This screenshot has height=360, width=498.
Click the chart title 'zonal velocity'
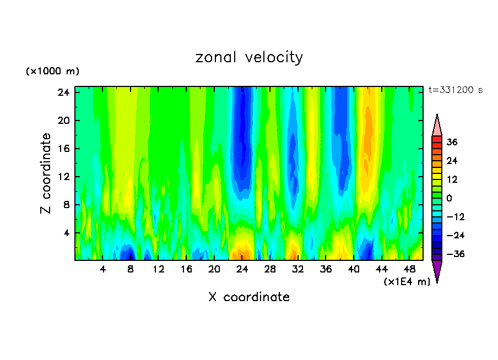click(249, 58)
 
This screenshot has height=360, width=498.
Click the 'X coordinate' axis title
click(249, 297)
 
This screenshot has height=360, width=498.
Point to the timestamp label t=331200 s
click(455, 90)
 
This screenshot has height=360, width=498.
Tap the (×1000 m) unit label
click(52, 72)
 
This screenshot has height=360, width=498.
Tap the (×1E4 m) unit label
click(407, 282)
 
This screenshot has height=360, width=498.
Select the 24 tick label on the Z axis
click(62, 92)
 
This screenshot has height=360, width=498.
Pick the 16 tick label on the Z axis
click(62, 149)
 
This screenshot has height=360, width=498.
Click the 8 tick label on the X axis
click(131, 269)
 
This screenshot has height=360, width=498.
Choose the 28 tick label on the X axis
click(270, 269)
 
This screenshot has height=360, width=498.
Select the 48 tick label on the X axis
click(409, 269)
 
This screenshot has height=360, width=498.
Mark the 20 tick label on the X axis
click(214, 269)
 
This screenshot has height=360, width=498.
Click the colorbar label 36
click(452, 142)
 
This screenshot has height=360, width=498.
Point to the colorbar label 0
click(449, 198)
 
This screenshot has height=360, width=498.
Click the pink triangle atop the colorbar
click(437, 126)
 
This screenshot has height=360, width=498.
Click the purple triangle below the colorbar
click(437, 271)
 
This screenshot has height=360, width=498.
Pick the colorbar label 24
click(452, 161)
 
